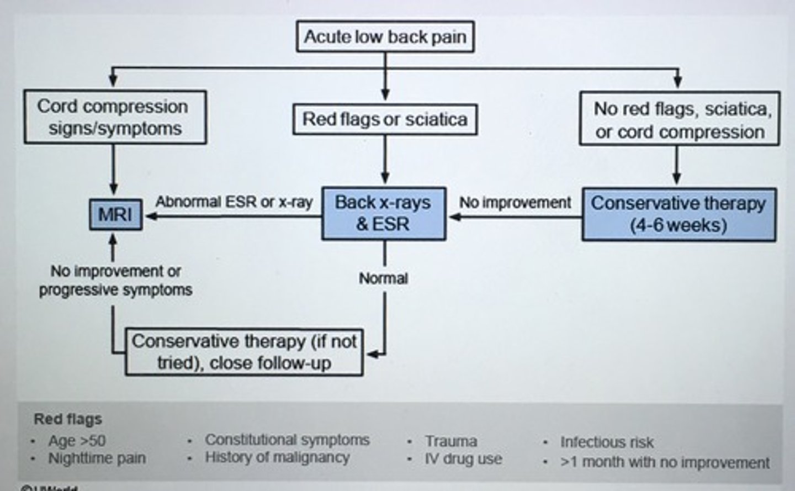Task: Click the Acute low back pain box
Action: (x=385, y=37)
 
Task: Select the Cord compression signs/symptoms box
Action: (x=115, y=117)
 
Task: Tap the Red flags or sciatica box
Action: (x=385, y=119)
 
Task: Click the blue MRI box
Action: (x=115, y=214)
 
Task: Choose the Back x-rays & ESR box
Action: (x=383, y=213)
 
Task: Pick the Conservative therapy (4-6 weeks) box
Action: (x=679, y=214)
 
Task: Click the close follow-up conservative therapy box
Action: (x=244, y=352)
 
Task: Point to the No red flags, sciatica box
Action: (x=680, y=119)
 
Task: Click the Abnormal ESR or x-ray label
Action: (x=234, y=202)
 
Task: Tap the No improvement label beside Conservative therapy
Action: (x=515, y=203)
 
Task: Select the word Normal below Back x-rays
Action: (x=384, y=278)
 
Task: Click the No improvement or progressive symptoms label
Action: (x=115, y=281)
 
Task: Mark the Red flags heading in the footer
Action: (x=68, y=419)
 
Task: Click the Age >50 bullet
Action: (x=77, y=441)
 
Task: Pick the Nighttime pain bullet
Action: (x=97, y=458)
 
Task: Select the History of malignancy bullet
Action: (x=277, y=457)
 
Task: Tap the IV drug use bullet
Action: (x=463, y=459)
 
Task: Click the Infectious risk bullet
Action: (x=607, y=442)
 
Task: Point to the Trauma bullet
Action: (x=451, y=441)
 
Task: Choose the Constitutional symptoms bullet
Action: (x=287, y=440)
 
